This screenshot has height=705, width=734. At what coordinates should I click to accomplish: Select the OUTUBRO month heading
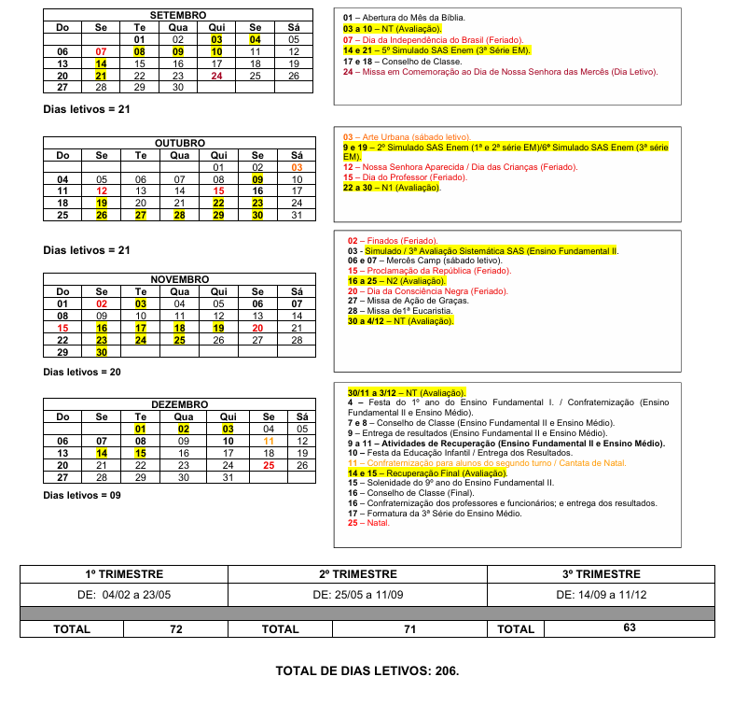[x=179, y=143]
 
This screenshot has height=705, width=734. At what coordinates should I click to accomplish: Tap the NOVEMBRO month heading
[x=178, y=279]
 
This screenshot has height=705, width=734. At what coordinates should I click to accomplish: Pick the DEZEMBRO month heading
[x=178, y=404]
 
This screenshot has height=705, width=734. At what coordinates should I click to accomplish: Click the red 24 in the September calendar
[x=216, y=76]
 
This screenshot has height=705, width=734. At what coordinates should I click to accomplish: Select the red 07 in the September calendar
[x=101, y=51]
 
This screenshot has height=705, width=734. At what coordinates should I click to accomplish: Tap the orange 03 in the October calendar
[x=297, y=166]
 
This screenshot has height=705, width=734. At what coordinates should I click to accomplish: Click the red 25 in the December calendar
[x=269, y=464]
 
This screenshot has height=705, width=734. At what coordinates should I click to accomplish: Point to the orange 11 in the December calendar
[x=269, y=441]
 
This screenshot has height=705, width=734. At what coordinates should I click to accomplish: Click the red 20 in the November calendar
[x=257, y=328]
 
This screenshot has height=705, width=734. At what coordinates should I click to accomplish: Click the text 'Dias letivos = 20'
[x=82, y=372]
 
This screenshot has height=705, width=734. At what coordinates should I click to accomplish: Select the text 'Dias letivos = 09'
[x=82, y=495]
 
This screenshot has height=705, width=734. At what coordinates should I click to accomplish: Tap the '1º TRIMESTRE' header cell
[x=124, y=574]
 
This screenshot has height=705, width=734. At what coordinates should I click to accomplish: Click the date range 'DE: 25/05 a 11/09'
[x=365, y=594]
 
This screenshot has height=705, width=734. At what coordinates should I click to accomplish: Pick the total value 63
[x=630, y=628]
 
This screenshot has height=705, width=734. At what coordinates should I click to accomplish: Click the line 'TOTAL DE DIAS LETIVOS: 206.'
[x=367, y=670]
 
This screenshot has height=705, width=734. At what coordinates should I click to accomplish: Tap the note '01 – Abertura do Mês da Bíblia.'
[x=405, y=18]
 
